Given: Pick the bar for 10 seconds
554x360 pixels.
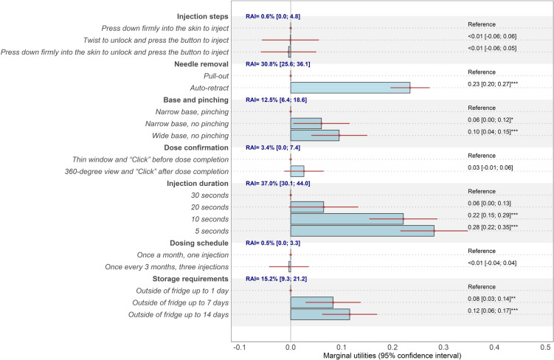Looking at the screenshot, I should coord(347,219).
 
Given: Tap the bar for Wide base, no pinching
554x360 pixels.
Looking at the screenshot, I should coord(315,136).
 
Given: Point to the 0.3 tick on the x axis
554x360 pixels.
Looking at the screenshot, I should coord(444,338).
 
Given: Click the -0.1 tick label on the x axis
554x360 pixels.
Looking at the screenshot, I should coord(239,346).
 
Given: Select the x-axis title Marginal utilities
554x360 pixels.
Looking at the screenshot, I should coord(392,356).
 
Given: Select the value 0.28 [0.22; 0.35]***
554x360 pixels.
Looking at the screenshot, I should coord(494,226).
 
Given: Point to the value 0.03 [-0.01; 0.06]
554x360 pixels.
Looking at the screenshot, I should coord(490,167).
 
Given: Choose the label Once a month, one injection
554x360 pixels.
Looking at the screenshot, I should coord(167,255).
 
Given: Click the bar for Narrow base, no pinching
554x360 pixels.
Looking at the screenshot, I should coord(306,123).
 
